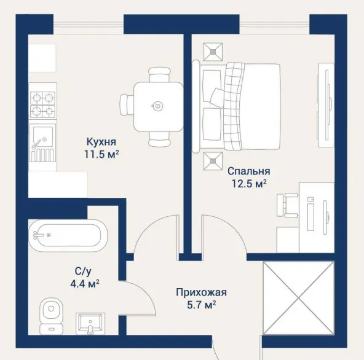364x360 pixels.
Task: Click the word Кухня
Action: point(101,142)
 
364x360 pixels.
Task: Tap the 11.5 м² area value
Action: point(101,154)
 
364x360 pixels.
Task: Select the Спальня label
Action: point(249,171)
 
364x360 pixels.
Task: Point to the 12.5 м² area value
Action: point(249,184)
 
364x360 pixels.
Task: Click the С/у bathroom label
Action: point(83,272)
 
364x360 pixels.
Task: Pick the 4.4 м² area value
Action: point(85,283)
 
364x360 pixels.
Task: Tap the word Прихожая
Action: point(201,292)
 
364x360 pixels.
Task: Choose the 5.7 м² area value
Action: point(202,305)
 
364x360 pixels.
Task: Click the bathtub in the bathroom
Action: point(68,236)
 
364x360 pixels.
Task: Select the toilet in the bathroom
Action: point(51,316)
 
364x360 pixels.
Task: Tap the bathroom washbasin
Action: point(90,323)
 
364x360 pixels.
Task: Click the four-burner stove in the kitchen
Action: point(42,104)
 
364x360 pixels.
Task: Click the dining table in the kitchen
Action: point(158,107)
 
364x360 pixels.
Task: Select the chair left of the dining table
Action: point(127,106)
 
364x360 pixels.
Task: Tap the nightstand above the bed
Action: point(213,52)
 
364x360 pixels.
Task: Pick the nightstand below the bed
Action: point(213,161)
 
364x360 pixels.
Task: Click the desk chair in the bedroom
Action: point(287,206)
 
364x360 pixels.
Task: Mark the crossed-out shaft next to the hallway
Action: point(299,298)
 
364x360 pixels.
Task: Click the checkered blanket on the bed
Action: point(233,107)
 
